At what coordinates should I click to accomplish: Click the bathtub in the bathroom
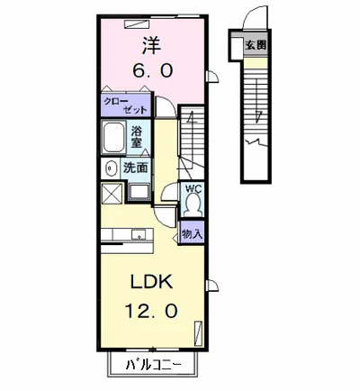pos(114,139)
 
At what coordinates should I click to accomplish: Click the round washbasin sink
pos(108,168)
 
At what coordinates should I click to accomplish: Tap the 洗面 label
pos(135,168)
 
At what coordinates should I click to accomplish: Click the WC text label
pos(193,190)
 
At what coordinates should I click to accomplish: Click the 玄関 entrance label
pos(256,44)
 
